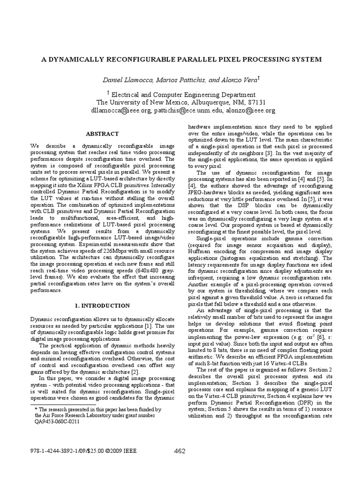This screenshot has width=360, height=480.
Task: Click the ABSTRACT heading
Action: (101, 134)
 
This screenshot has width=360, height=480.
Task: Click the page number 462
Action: (180, 451)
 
